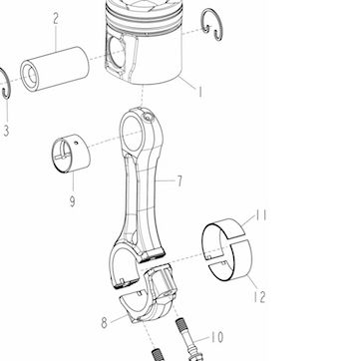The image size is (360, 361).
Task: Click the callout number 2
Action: [x=56, y=19]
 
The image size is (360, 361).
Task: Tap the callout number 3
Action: [x=6, y=131]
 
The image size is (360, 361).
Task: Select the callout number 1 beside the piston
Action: [x=199, y=92]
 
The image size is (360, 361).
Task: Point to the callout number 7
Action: [x=180, y=181]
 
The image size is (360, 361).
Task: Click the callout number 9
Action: [x=72, y=201]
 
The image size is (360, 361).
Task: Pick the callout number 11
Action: [x=261, y=215]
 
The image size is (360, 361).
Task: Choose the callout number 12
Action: [x=259, y=296]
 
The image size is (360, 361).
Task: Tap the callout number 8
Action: [x=104, y=323]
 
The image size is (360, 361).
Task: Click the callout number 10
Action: [x=216, y=337]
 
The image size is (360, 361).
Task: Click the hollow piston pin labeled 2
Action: [x=55, y=69]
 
